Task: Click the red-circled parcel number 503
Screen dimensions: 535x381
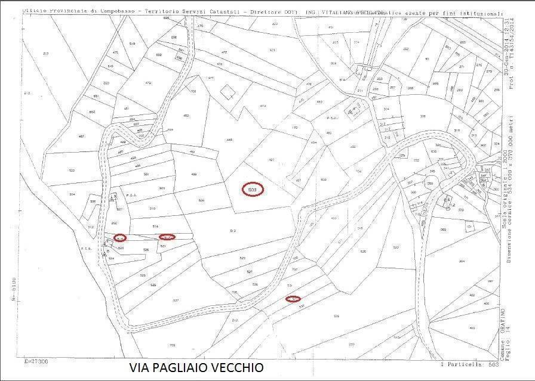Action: [253, 190]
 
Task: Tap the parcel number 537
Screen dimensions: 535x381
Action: [176, 300]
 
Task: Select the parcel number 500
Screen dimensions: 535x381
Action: [72, 171]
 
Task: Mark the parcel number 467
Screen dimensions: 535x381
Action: [64, 137]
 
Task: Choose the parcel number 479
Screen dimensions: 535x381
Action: [148, 83]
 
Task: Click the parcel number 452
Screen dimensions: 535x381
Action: [186, 115]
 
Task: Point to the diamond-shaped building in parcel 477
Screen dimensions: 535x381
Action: [227, 92]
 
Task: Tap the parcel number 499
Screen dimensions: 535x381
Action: [193, 174]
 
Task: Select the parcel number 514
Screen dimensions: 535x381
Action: [156, 227]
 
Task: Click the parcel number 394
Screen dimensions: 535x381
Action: [461, 261]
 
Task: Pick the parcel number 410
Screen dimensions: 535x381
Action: [472, 329]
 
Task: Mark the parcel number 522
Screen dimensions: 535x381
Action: [395, 247]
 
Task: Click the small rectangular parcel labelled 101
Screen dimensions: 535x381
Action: [469, 227]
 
